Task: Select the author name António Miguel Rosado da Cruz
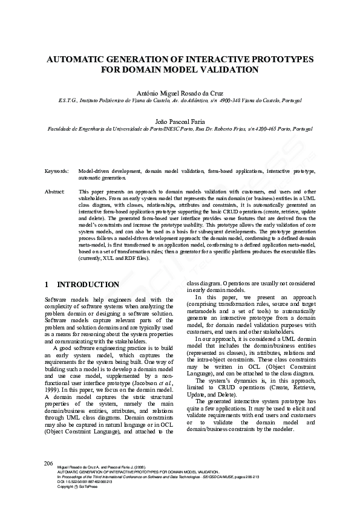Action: pyautogui.click(x=180, y=93)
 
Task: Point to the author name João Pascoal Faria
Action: pyautogui.click(x=180, y=122)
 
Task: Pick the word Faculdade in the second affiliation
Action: pyautogui.click(x=62, y=129)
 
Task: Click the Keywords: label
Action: pyautogui.click(x=56, y=172)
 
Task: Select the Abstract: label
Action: pyautogui.click(x=55, y=191)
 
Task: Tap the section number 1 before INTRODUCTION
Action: pyautogui.click(x=48, y=284)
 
